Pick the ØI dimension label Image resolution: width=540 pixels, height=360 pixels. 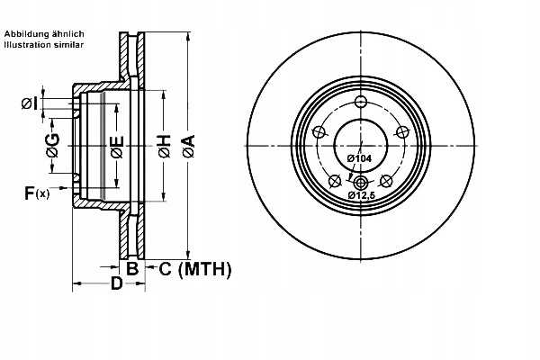[29, 104]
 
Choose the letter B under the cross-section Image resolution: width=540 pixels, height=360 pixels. [131, 267]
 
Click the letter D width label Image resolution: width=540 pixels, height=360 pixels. [115, 284]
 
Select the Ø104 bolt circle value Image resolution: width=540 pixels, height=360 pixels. [359, 158]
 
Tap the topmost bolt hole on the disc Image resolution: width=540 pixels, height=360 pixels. [360, 101]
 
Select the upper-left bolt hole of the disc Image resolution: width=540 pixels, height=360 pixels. [318, 132]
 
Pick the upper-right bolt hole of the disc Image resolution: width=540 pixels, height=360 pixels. [402, 132]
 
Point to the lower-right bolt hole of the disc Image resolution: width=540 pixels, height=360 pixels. [387, 181]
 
